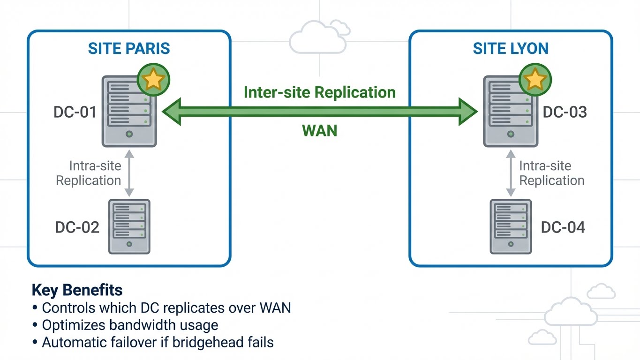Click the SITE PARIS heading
(129, 48)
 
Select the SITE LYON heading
(511, 48)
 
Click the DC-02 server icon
(129, 226)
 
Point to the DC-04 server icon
(511, 226)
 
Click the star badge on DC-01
(153, 80)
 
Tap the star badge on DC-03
(535, 80)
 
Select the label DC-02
(77, 227)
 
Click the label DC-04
(563, 227)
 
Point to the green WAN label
(320, 130)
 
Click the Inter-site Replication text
(320, 92)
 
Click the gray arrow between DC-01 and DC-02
(129, 173)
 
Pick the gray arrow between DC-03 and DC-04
(511, 173)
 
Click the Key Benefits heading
(77, 291)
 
